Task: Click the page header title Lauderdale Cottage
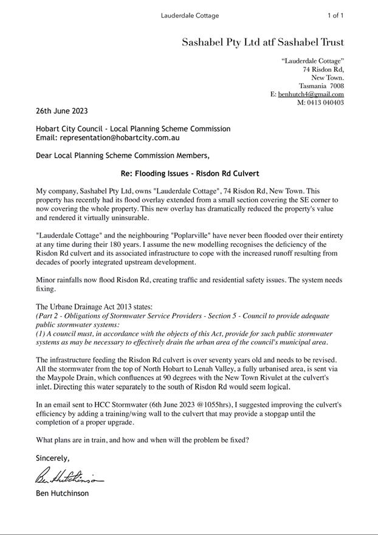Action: point(190,15)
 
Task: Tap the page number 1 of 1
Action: point(335,15)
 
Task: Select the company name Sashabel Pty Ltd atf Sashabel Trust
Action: point(263,43)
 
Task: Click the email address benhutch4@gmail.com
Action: point(311,94)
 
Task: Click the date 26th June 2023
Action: point(62,111)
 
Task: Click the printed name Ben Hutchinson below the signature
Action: point(62,493)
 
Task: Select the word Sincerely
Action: point(53,458)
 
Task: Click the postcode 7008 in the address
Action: point(337,86)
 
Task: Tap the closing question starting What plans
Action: point(142,440)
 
